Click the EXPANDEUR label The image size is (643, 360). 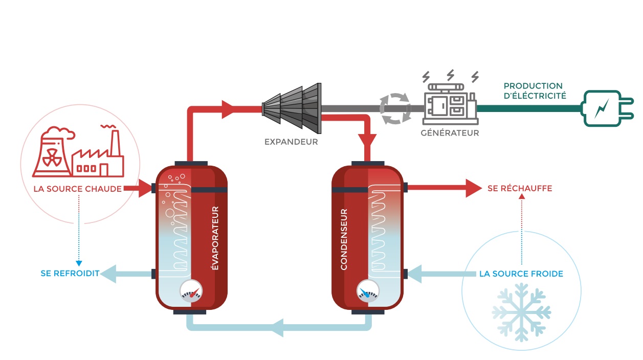[291, 142]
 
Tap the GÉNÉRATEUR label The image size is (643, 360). [450, 133]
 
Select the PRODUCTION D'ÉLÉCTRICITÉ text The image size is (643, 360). [535, 91]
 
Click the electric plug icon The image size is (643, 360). [602, 108]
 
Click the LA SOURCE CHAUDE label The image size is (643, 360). [77, 189]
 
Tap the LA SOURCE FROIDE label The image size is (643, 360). [521, 274]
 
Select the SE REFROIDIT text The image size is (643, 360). [70, 274]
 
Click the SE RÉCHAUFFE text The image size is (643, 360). [520, 188]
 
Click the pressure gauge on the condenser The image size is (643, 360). [368, 292]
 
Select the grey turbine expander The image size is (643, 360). [291, 107]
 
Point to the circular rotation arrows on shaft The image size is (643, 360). [394, 108]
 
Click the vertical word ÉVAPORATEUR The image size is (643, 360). [215, 238]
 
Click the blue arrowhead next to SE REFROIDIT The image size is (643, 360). [108, 274]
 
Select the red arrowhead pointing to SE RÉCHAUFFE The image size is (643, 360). [473, 188]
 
